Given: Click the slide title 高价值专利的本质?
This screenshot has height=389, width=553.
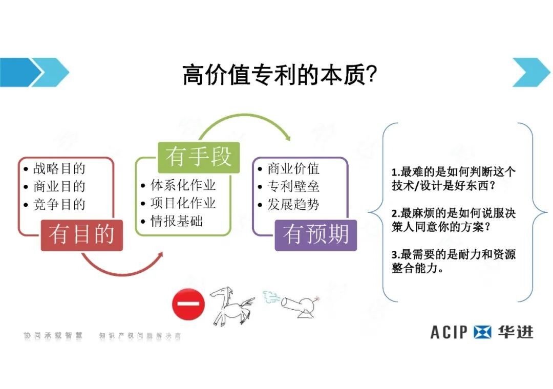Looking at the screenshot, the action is pos(280,74).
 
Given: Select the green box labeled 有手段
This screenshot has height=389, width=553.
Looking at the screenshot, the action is pos(199,157).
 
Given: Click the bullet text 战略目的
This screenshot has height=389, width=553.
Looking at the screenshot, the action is pos(59,168).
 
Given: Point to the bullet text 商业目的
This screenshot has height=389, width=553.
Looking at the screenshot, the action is pos(59,186).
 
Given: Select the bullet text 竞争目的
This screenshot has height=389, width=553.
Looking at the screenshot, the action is pos(59,205).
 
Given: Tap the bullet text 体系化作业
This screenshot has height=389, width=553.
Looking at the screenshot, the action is pos(183,185).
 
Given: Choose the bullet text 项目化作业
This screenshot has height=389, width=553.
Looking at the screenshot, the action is pos(183,203).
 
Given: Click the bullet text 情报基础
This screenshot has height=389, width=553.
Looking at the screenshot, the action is pos(177,222).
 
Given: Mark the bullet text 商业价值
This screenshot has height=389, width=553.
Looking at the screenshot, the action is pos(293,168).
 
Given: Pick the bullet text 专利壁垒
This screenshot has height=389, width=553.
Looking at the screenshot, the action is pos(293,186).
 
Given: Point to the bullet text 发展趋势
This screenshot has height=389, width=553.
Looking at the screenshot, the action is pos(293,205).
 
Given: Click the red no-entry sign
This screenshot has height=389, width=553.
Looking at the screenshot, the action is pos(188,304).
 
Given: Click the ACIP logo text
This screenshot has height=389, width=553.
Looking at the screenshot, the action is pos(449,332).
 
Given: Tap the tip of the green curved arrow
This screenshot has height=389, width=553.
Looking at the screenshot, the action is pos(290,140).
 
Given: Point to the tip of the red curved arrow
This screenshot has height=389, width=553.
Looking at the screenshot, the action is pos(163,253).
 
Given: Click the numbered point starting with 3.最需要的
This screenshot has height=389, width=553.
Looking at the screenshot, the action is pos(454,261).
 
